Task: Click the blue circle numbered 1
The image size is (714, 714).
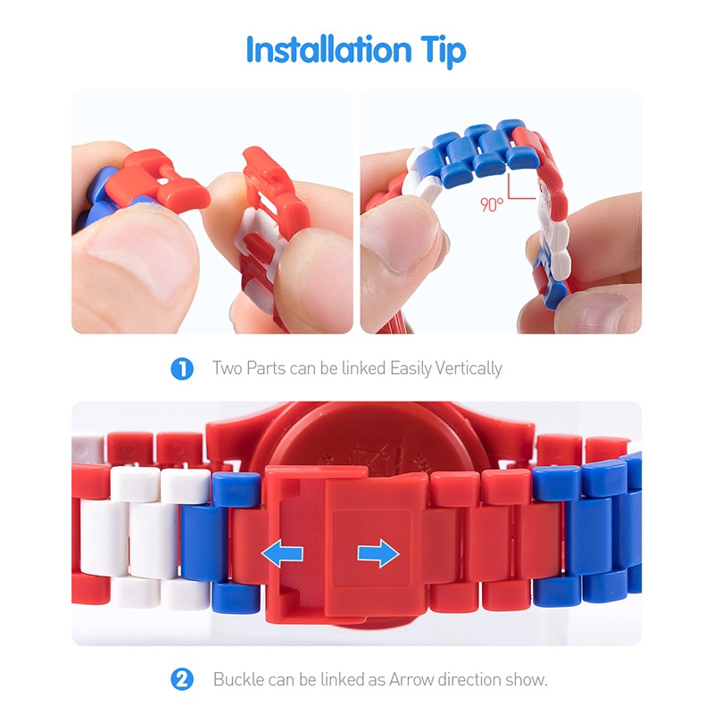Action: coord(182,369)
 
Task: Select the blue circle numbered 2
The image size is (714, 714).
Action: coord(182,679)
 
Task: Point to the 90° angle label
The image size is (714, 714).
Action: coord(492,204)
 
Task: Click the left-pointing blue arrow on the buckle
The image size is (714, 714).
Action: coord(282,553)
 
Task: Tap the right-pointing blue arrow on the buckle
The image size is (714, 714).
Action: coord(378,553)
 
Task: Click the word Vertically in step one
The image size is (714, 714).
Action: coord(469,369)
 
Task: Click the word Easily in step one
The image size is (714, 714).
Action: coord(411,369)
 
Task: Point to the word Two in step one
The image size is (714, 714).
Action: coord(228,368)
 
